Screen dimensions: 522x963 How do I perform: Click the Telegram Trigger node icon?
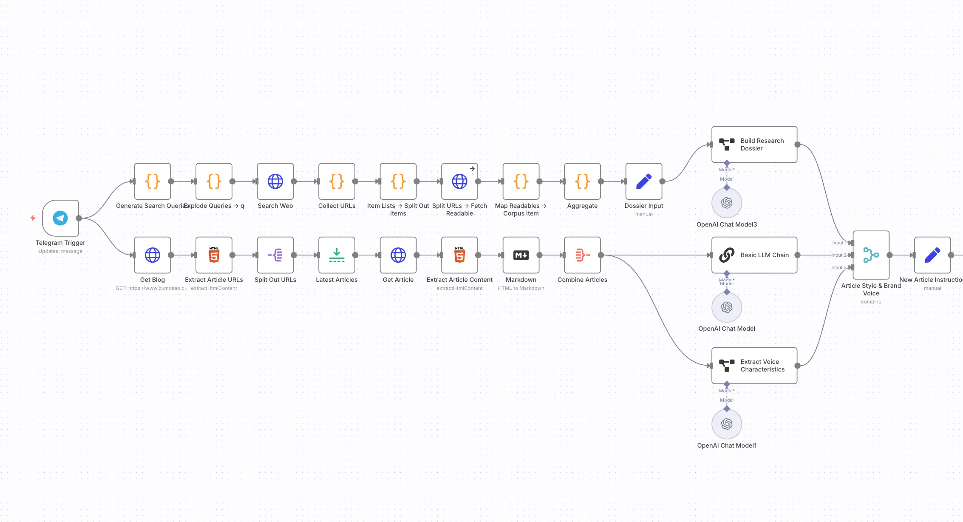[60, 218]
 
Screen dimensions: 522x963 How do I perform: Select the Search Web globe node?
[275, 182]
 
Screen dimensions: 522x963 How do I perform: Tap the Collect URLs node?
[337, 182]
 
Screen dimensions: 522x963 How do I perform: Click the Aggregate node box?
[582, 182]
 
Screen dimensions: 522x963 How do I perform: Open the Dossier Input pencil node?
[643, 182]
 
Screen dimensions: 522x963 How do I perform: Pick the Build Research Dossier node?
[754, 145]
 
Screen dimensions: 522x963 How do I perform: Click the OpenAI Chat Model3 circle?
[727, 203]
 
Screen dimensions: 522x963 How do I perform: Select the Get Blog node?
[153, 255]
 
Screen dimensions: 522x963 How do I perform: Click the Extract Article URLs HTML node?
[214, 255]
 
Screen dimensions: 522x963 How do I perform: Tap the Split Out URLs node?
[275, 255]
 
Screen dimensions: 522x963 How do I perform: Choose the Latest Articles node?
[337, 255]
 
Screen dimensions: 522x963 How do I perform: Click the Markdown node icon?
[521, 255]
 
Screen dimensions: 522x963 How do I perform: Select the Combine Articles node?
[582, 255]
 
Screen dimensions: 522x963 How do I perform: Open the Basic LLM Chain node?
[754, 255]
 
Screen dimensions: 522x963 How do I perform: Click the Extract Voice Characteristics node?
[754, 366]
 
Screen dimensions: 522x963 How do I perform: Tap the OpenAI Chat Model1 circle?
[727, 424]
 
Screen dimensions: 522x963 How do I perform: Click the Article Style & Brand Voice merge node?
[871, 255]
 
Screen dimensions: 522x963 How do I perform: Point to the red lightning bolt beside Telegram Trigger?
[33, 218]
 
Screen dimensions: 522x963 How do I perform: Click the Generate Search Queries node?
[153, 182]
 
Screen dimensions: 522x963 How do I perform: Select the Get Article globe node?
[398, 255]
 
